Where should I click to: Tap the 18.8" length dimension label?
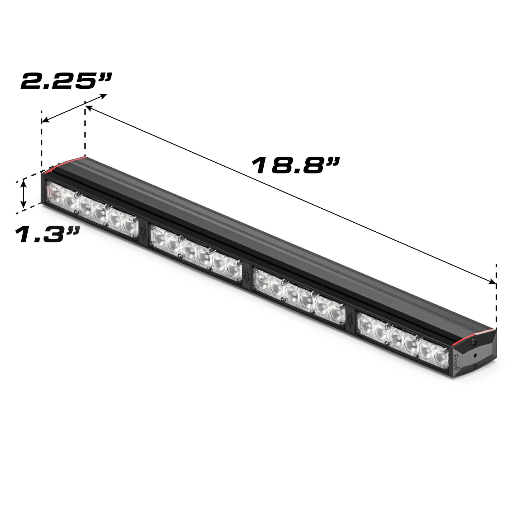pyautogui.click(x=295, y=166)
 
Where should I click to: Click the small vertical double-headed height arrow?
pyautogui.click(x=24, y=194)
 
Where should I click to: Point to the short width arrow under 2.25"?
pyautogui.click(x=74, y=108)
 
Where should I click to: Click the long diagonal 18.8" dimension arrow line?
pyautogui.click(x=287, y=194)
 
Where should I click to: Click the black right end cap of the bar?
pyautogui.click(x=474, y=356)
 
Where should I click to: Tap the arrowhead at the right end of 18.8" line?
pyautogui.click(x=492, y=282)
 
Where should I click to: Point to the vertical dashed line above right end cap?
pyautogui.click(x=496, y=298)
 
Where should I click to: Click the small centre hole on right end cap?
pyautogui.click(x=476, y=355)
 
